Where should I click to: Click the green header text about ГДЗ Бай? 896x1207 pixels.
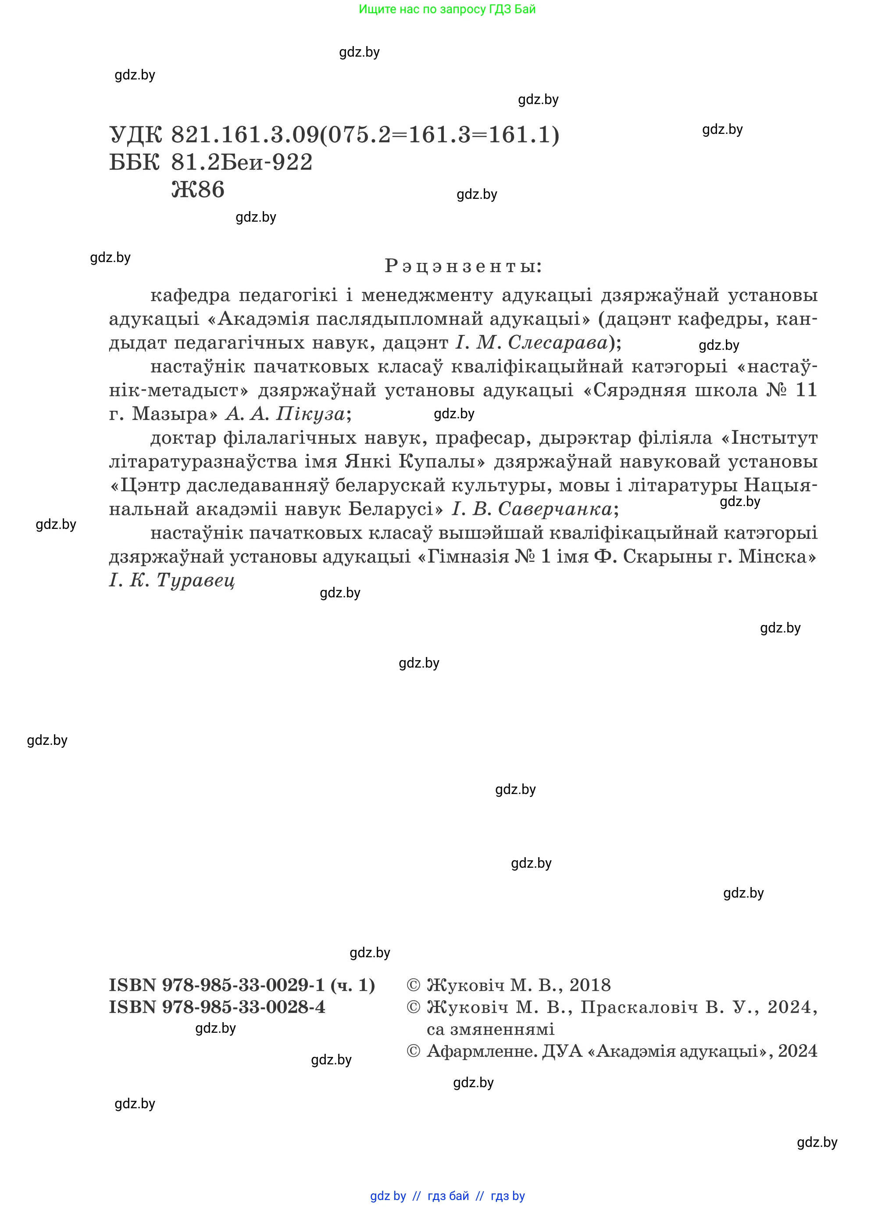click(x=447, y=9)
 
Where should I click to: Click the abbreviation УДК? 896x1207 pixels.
click(x=136, y=135)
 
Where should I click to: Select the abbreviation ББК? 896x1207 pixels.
click(x=135, y=162)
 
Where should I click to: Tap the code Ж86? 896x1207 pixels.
click(x=197, y=190)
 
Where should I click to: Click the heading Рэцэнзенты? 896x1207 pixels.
click(x=463, y=266)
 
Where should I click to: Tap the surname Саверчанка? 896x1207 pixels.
click(x=555, y=509)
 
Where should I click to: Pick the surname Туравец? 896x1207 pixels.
click(x=196, y=581)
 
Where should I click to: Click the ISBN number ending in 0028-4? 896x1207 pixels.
click(x=217, y=1007)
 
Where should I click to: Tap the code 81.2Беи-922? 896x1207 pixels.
click(x=242, y=162)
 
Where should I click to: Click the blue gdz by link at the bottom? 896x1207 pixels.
click(x=388, y=1196)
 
